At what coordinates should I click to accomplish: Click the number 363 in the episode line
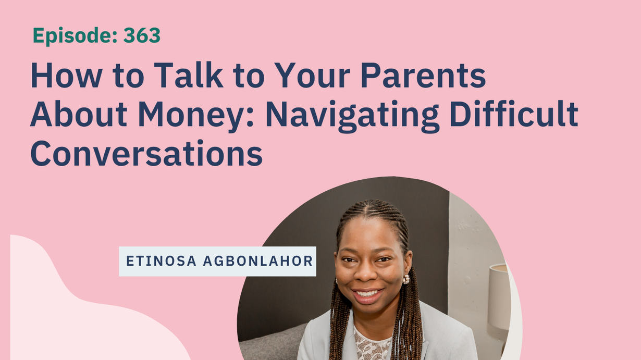[142, 35]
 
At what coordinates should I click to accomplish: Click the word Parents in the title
[423, 76]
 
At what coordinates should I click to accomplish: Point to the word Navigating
[352, 115]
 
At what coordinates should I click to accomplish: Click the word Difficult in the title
[514, 114]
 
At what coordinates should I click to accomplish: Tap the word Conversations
[146, 153]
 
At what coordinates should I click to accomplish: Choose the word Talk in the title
[188, 75]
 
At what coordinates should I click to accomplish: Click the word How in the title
[66, 75]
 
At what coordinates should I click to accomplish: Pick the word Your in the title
[312, 75]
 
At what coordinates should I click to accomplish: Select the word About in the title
[78, 114]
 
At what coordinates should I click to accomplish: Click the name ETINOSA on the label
[161, 261]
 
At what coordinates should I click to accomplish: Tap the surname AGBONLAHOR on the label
[258, 261]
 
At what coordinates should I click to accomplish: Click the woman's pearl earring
[406, 279]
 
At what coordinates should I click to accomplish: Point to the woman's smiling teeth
[368, 293]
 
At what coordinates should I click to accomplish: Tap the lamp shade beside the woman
[499, 296]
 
